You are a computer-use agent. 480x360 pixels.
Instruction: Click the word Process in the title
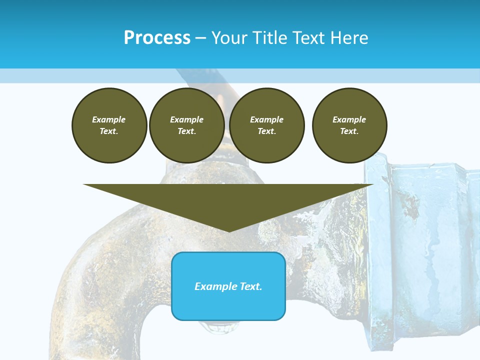[157, 38]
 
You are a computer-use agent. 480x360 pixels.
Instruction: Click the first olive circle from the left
[109, 125]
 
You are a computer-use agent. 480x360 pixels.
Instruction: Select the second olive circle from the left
[186, 125]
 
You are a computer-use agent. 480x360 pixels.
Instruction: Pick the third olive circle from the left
[266, 125]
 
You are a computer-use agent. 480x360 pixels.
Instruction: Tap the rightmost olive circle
[349, 125]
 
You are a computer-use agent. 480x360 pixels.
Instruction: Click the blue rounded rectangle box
[228, 300]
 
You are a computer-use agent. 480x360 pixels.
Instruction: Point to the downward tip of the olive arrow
[228, 231]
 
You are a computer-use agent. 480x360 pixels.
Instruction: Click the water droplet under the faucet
[215, 328]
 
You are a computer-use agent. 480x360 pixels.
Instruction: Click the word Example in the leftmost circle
[109, 119]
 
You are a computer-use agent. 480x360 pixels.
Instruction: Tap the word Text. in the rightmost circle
[349, 131]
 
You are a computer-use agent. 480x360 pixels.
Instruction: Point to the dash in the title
[200, 38]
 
